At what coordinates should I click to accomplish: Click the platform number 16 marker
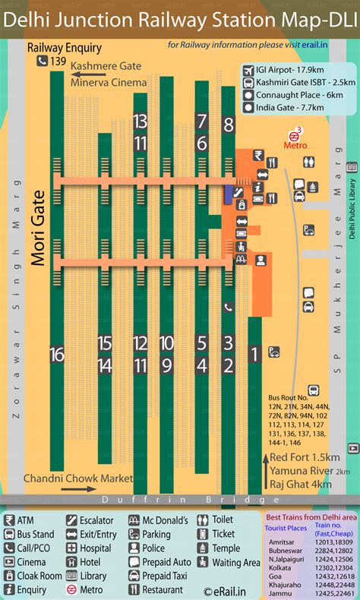pos(57,355)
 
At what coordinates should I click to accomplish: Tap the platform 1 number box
pos(255,353)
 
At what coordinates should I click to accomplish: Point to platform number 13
pos(140,121)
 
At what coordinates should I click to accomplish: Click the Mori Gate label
pos(39,228)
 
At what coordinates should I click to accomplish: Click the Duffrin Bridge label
pos(180,500)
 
